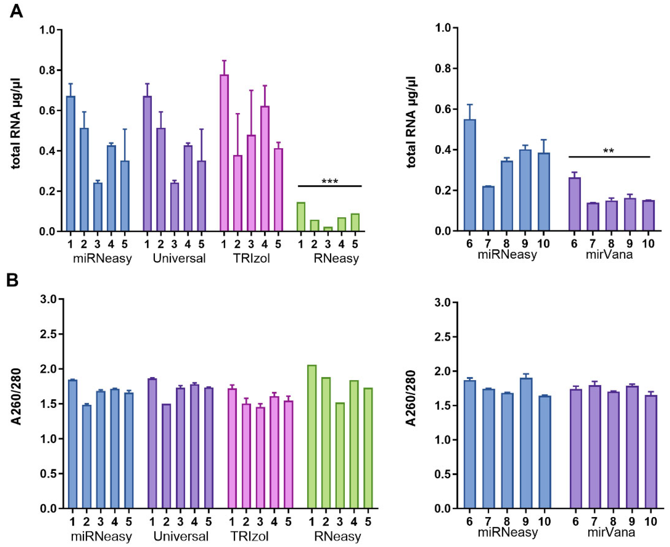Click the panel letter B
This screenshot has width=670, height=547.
click(13, 280)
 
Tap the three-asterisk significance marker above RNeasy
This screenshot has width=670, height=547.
click(330, 182)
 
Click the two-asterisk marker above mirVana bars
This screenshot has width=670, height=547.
click(608, 151)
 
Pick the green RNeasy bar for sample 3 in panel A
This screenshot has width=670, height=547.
click(328, 229)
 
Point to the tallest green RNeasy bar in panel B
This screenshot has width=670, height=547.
click(312, 436)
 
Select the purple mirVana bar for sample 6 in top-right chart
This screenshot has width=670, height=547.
click(574, 204)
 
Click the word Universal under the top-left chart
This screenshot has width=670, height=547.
click(179, 258)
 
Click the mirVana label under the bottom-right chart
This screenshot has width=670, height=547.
click(611, 533)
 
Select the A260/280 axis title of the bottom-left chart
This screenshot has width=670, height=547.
click(16, 397)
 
